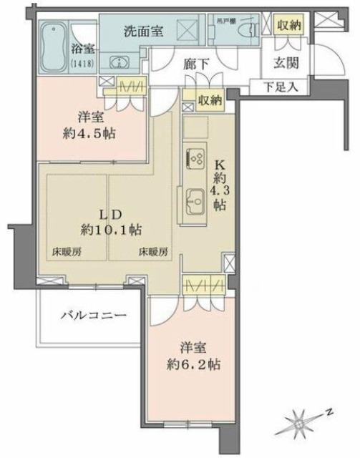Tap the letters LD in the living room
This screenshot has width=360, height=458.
[x=111, y=214]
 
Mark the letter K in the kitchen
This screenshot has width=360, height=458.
[x=221, y=162]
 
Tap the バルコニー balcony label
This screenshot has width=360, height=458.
[x=93, y=315]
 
